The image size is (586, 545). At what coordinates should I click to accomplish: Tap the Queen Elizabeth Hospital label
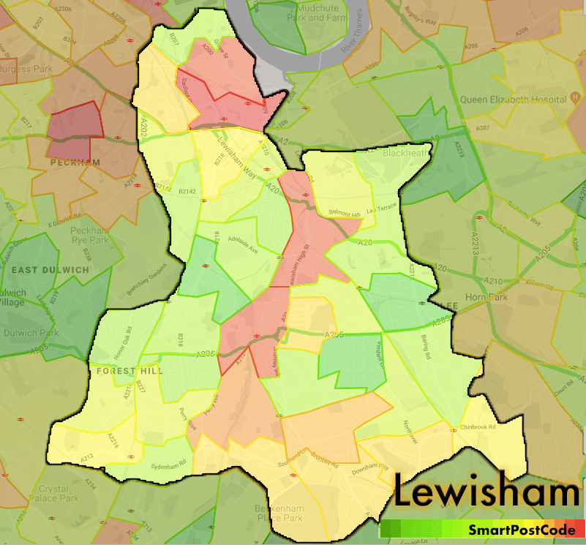[x=511, y=99]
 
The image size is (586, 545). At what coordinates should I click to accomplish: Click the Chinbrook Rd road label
[x=478, y=426]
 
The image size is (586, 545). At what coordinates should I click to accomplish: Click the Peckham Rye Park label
[x=89, y=235]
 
